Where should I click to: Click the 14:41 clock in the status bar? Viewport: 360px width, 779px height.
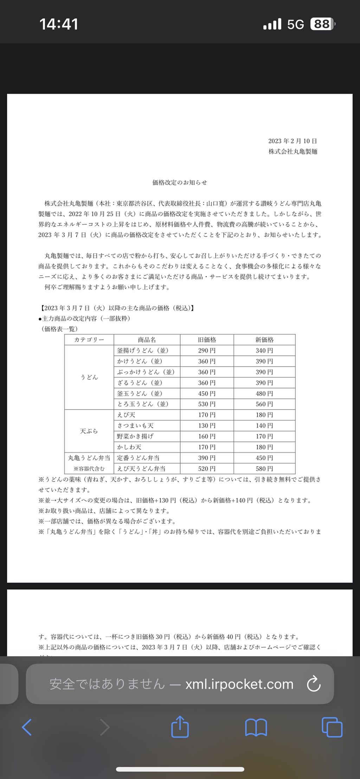(59, 24)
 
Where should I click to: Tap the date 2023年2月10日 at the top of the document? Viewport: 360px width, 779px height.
(292, 141)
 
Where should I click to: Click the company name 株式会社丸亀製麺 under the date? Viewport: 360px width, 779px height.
(293, 152)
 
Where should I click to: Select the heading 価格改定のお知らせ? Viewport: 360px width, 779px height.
(180, 182)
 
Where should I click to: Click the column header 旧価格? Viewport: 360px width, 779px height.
(207, 340)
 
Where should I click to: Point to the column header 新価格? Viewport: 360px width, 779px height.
(264, 340)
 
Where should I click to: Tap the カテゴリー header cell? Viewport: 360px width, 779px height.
(89, 340)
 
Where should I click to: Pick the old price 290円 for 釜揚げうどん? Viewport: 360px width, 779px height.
(207, 350)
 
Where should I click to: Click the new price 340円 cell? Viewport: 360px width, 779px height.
(264, 350)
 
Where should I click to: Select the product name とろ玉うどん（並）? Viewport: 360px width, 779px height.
(143, 404)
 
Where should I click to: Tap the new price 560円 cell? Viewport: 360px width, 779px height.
(264, 404)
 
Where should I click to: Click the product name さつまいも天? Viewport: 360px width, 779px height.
(135, 426)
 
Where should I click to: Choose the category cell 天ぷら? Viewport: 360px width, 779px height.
(89, 431)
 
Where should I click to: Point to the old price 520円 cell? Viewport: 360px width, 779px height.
(207, 469)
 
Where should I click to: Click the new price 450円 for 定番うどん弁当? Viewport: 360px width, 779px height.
(264, 458)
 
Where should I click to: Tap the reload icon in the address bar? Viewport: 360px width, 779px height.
(313, 684)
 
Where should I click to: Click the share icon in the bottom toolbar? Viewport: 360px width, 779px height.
(180, 727)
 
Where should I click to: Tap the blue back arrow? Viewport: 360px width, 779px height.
(27, 727)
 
